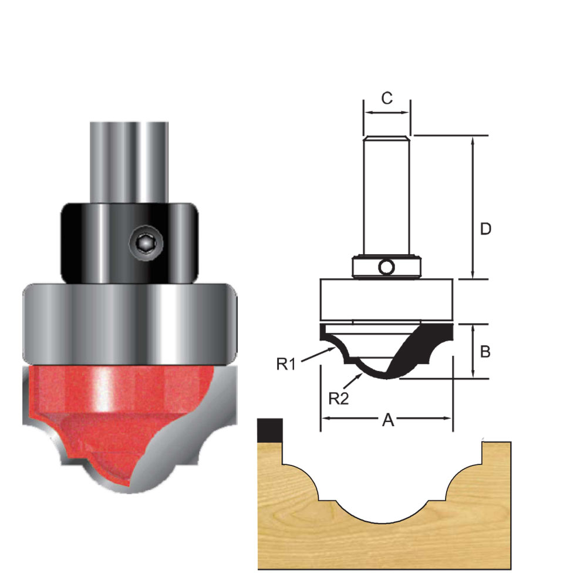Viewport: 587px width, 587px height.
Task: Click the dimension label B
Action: pyautogui.click(x=485, y=352)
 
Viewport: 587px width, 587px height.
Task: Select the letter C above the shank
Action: pyautogui.click(x=386, y=98)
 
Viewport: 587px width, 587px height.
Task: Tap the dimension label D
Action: pyautogui.click(x=485, y=229)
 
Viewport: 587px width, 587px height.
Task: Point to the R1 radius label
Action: pyautogui.click(x=286, y=364)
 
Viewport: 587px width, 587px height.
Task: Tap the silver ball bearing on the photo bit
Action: pyautogui.click(x=129, y=323)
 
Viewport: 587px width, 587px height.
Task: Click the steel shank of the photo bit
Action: pyautogui.click(x=127, y=158)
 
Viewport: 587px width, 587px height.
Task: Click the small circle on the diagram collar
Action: pyautogui.click(x=386, y=268)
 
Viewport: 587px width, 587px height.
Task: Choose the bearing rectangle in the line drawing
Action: pyautogui.click(x=386, y=299)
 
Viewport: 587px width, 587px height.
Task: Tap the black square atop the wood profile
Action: pyautogui.click(x=271, y=431)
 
